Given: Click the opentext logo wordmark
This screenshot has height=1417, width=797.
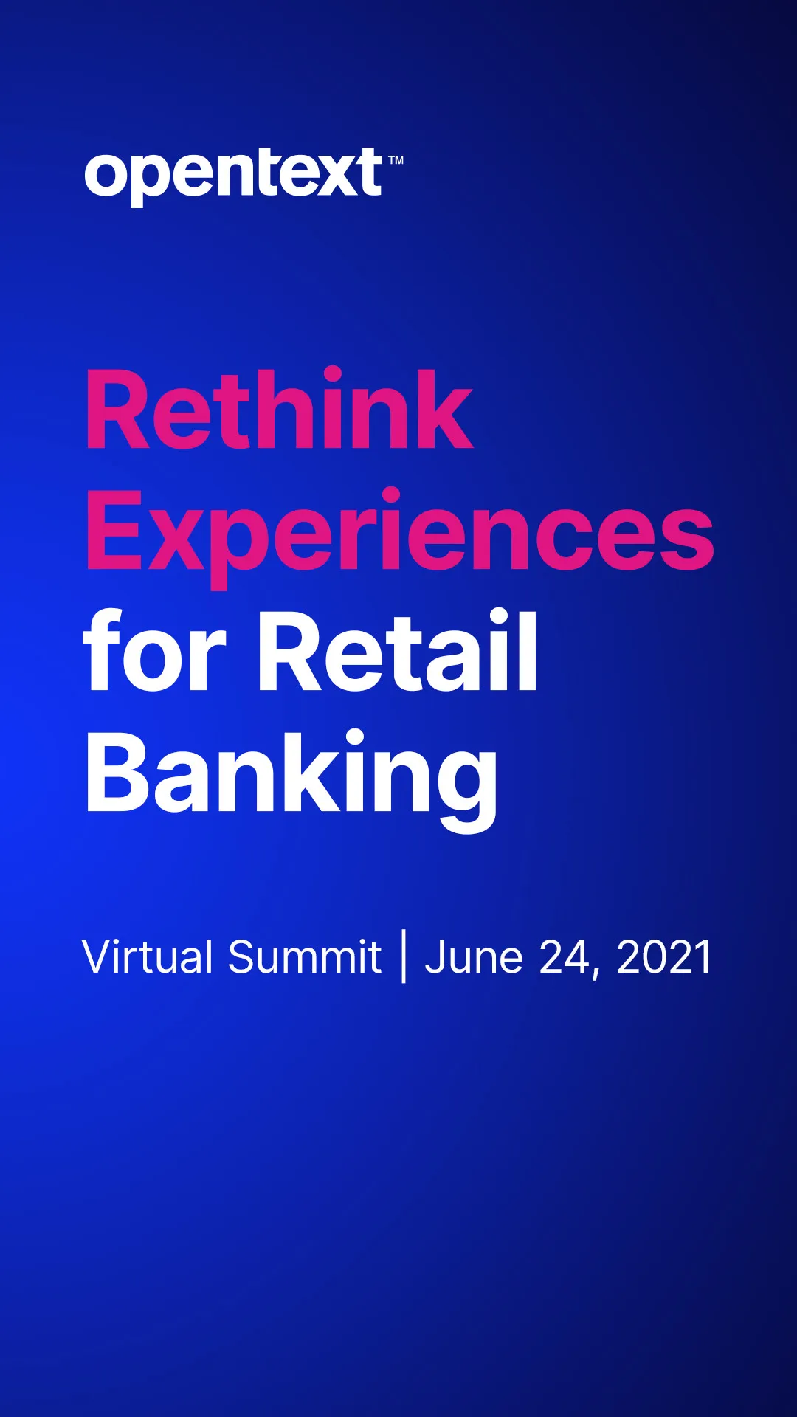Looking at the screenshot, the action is click(234, 176).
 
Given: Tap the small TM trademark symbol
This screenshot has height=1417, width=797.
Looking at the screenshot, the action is click(396, 159).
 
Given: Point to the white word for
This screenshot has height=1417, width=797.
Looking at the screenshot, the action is click(154, 650).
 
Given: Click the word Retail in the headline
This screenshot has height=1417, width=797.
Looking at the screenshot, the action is click(398, 650).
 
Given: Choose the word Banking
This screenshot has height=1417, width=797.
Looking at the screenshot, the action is click(292, 779).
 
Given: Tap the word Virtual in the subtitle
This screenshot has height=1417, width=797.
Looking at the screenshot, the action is click(148, 956).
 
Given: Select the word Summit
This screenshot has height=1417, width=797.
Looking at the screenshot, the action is click(305, 956).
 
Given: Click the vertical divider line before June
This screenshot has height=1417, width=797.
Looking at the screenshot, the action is click(404, 956).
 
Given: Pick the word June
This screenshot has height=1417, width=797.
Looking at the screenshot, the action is click(474, 957).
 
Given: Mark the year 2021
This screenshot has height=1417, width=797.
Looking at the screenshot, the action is click(663, 957).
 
